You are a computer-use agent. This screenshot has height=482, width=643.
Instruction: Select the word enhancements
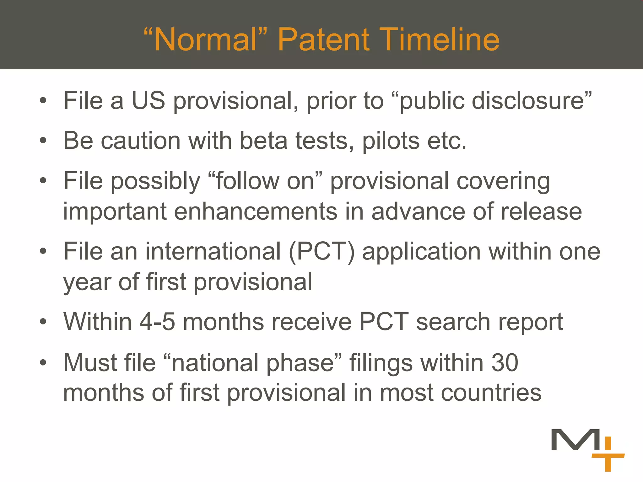(x=256, y=212)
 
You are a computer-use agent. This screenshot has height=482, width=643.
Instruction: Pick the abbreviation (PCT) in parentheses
(x=321, y=252)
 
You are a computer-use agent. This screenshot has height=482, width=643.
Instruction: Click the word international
(x=213, y=252)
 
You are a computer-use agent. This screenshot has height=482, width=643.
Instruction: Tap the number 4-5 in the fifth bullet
(x=157, y=322)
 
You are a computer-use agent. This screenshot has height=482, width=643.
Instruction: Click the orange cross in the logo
(x=608, y=456)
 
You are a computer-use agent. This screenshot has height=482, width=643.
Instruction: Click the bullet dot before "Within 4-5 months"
(x=43, y=322)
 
